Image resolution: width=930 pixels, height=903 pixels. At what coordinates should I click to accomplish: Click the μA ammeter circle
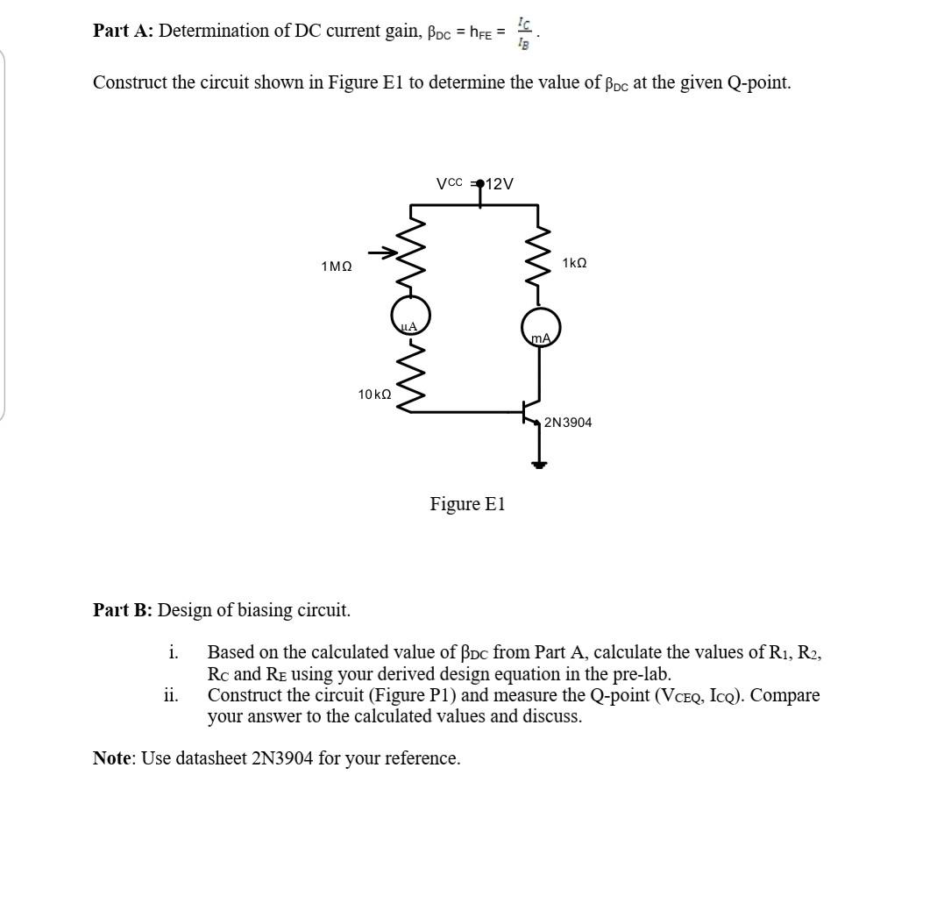410,315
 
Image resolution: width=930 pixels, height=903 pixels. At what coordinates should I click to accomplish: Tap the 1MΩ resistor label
337,266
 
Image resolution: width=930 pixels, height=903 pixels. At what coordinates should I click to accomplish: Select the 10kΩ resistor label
374,395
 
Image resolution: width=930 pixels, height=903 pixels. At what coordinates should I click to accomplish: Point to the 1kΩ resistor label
574,263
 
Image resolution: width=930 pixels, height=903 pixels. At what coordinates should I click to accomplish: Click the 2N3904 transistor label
568,423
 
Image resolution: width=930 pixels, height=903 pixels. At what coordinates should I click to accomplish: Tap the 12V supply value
500,183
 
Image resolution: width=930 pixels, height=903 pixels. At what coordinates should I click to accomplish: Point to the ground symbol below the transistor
539,463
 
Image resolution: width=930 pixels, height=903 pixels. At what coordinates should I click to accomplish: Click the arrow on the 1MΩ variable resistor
382,253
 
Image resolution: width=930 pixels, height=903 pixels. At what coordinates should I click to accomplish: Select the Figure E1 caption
467,504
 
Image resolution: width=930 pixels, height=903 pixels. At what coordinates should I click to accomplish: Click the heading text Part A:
123,31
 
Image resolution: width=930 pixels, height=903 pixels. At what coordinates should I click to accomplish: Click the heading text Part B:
123,610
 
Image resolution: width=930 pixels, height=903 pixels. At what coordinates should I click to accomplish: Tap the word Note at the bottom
113,758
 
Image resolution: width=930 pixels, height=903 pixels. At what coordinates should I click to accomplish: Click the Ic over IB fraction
523,32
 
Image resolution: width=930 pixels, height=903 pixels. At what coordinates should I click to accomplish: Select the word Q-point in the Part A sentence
759,83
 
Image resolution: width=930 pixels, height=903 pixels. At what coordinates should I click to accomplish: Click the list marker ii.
171,696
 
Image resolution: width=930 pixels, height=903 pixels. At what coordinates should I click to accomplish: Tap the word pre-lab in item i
642,674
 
